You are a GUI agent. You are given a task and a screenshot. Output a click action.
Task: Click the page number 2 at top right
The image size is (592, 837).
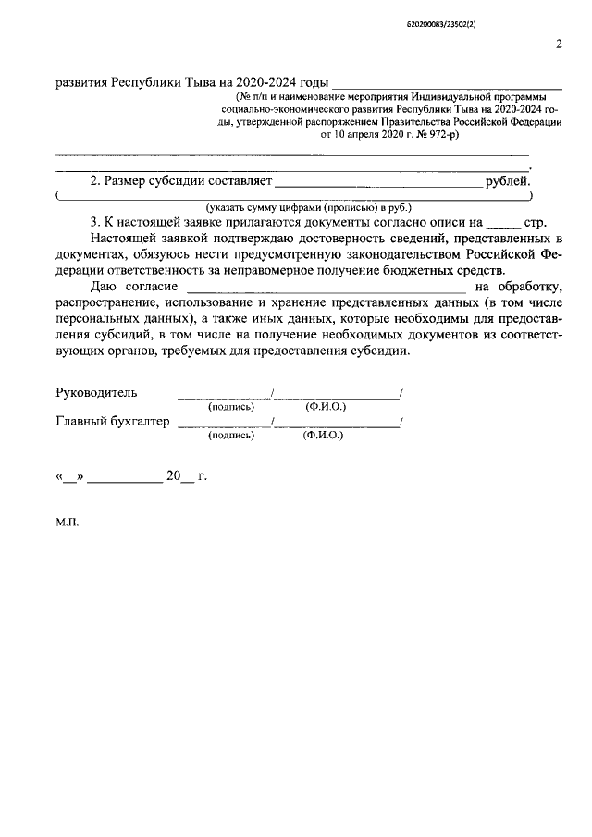click(559, 43)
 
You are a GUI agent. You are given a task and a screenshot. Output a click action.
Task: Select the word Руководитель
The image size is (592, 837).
click(97, 392)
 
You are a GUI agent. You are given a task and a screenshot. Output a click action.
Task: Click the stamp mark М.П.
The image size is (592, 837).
click(68, 522)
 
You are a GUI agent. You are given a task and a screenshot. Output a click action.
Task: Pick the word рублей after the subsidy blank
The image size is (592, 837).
click(508, 182)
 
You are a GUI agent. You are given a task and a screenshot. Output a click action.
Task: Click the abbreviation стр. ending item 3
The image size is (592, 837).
click(536, 223)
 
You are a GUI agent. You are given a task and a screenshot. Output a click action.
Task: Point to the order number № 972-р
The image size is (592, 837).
click(430, 134)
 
